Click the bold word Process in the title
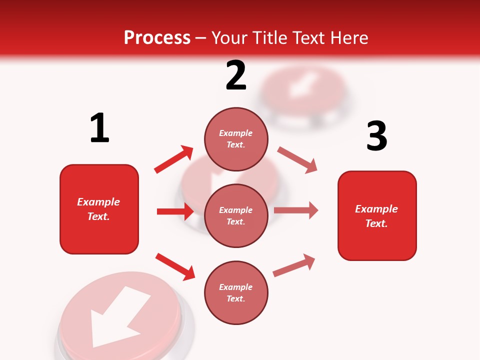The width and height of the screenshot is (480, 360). pyautogui.click(x=157, y=38)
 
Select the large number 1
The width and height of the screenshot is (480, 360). pyautogui.click(x=99, y=128)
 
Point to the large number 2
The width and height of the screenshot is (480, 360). pyautogui.click(x=236, y=76)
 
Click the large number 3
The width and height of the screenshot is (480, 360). pyautogui.click(x=376, y=136)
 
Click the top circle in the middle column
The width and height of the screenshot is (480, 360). pyautogui.click(x=236, y=139)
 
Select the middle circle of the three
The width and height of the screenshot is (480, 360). pyautogui.click(x=236, y=215)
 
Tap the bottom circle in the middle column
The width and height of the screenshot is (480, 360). pyautogui.click(x=236, y=292)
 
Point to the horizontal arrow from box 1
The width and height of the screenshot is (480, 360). pyautogui.click(x=175, y=211)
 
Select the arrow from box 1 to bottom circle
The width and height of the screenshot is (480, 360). pyautogui.click(x=175, y=266)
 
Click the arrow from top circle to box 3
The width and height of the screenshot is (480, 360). pyautogui.click(x=297, y=159)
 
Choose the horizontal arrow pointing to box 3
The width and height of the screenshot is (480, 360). pyautogui.click(x=296, y=210)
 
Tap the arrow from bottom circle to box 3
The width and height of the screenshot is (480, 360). pyautogui.click(x=294, y=265)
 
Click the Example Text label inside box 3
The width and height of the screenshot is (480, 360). pyautogui.click(x=376, y=216)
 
